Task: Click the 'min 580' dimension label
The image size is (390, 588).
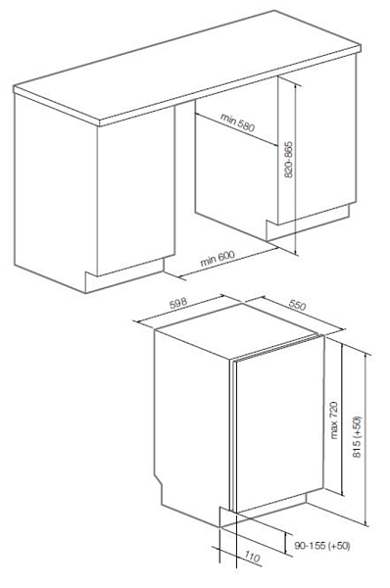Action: (237, 122)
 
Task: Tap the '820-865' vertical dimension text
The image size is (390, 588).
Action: (288, 160)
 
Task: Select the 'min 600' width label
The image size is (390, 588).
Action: (218, 259)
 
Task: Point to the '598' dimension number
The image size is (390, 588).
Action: (178, 304)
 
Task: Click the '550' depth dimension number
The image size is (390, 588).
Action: (297, 305)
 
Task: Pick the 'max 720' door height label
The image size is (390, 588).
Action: (334, 420)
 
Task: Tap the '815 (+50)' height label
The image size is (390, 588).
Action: (358, 436)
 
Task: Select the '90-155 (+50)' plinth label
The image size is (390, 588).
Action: (321, 546)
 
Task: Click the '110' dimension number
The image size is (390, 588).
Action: (252, 557)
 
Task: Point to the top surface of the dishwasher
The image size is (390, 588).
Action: (236, 330)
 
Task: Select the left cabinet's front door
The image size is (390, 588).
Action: (136, 191)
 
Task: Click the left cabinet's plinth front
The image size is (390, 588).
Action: (124, 275)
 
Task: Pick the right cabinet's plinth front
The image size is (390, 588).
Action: (308, 222)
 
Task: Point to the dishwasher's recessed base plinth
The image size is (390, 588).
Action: (269, 507)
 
